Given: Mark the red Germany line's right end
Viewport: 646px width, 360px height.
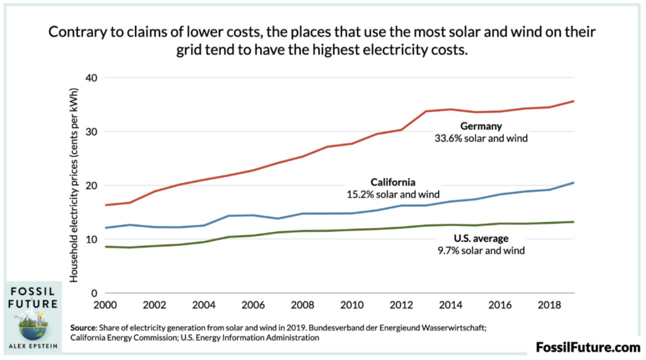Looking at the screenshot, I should point(573,101).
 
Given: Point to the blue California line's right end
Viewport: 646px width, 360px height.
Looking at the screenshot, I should point(573,183).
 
